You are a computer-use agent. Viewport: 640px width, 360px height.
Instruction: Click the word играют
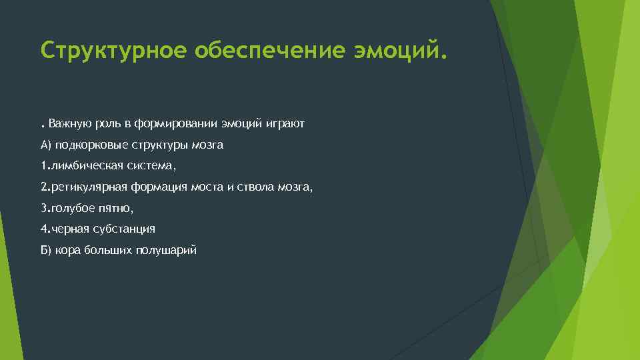[x=285, y=124]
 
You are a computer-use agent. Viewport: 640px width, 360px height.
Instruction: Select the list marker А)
[x=46, y=145]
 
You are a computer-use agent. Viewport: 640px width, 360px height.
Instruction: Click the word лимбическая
[x=84, y=166]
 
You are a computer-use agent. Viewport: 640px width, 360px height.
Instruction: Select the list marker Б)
[x=46, y=250]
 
